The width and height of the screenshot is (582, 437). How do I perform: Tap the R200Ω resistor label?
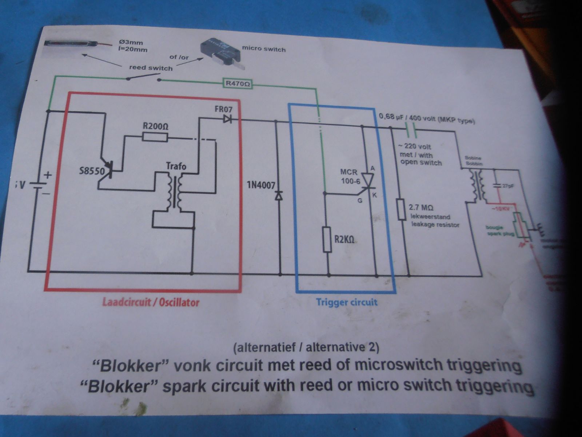pos(155,126)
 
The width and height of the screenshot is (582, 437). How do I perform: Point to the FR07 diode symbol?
pos(228,119)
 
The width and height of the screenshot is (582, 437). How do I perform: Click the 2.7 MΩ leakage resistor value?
pos(421,208)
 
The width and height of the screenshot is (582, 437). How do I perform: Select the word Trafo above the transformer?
pos(176,166)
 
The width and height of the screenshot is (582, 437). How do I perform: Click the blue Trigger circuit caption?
pos(346,302)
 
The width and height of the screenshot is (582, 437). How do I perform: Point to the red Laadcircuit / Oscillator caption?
pos(151,302)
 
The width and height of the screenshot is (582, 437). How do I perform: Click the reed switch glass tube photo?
pos(73,43)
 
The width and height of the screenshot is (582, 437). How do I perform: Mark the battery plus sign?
pos(48,175)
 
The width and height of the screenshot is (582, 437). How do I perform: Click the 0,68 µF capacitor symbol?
pos(409,128)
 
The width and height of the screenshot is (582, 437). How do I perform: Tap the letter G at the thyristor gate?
pos(360,200)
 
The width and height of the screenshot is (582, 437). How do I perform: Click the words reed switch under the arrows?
pos(151,68)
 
